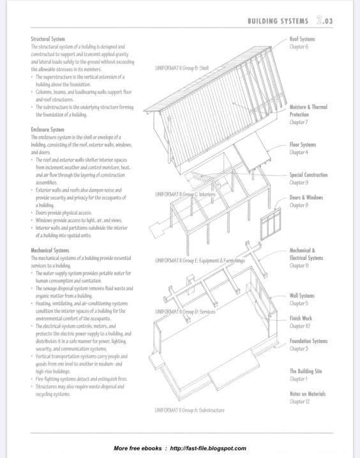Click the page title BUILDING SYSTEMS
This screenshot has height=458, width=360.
[x=278, y=21]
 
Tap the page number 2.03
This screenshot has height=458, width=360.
[x=325, y=20]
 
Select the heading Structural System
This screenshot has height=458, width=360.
[x=48, y=39]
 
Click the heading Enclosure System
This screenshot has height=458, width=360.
[x=48, y=130]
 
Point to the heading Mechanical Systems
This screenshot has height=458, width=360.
[x=50, y=250]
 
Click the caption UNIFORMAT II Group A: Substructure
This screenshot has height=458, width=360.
[x=190, y=410]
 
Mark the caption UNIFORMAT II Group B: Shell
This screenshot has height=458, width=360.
[x=182, y=68]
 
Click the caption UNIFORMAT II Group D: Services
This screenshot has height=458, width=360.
[x=185, y=312]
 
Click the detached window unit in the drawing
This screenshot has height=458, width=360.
[x=271, y=224]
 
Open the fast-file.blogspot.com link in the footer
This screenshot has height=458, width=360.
[x=208, y=448]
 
